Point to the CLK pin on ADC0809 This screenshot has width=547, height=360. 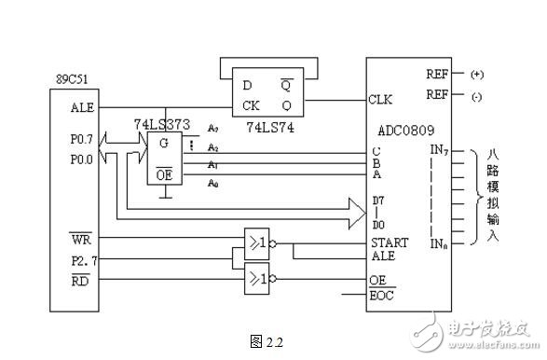(381, 97)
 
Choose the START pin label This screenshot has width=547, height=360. (389, 244)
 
